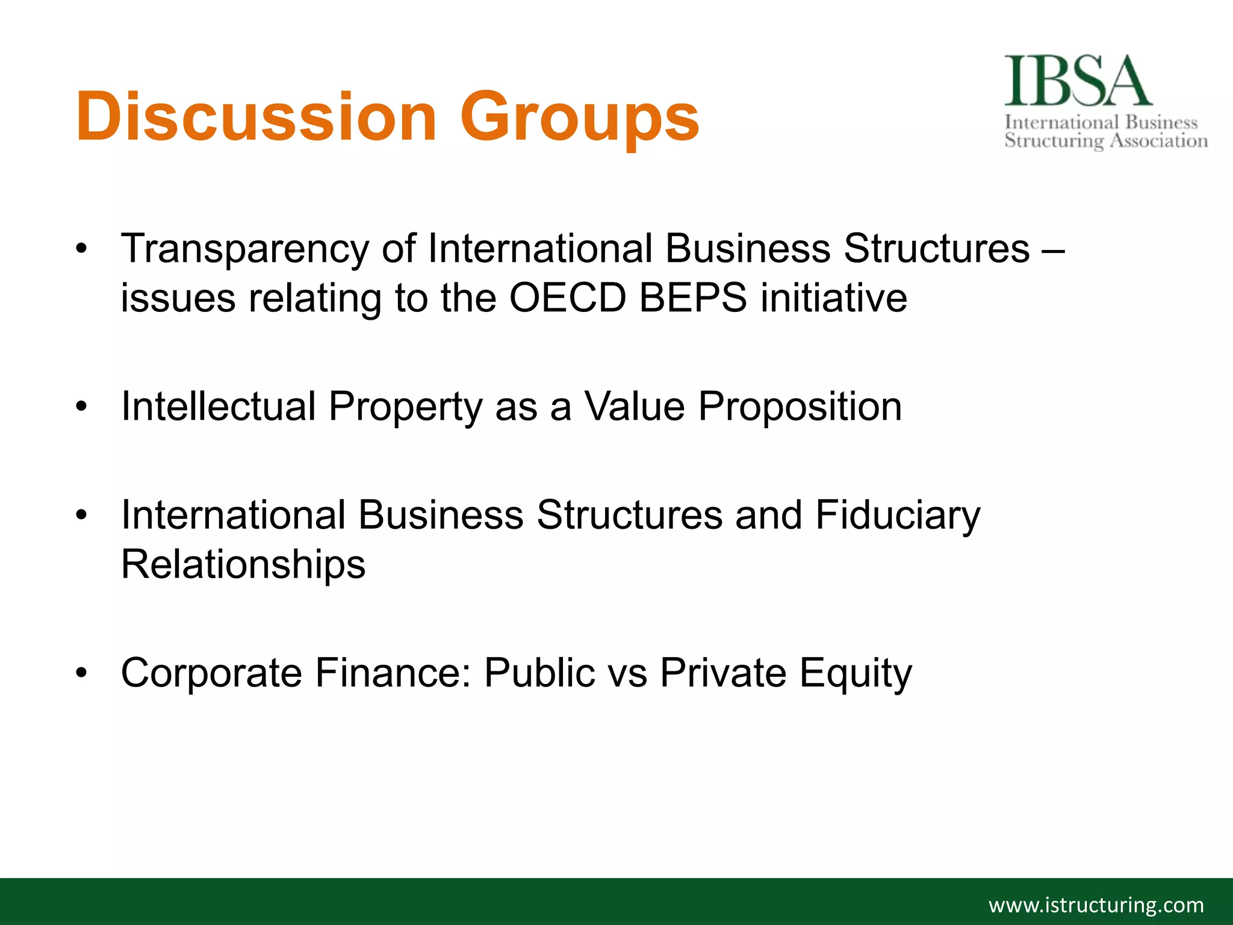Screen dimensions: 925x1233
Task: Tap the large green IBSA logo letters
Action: [x=1078, y=81]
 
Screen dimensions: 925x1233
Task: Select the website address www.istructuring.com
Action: [x=1096, y=905]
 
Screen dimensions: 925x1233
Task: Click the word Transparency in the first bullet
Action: [x=244, y=249]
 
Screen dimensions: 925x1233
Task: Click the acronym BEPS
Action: [x=693, y=297]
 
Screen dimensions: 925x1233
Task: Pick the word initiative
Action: [x=834, y=297]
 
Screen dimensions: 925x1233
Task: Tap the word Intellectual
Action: [x=219, y=406]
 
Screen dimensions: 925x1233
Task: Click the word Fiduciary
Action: [x=898, y=515]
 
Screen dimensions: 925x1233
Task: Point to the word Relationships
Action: [x=243, y=565]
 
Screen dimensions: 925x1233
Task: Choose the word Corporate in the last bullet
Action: [x=211, y=673]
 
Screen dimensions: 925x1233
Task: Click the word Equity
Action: [x=856, y=673]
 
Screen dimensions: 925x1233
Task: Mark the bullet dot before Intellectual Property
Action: [x=81, y=406]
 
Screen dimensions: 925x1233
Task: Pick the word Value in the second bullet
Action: [x=635, y=406]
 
